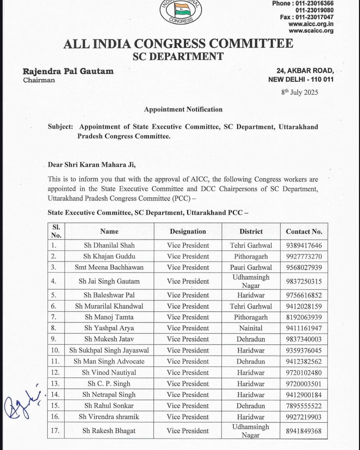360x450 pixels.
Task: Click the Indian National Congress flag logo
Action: click(x=181, y=11)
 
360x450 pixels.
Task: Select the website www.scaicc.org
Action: click(x=311, y=31)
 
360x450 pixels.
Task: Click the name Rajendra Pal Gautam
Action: click(x=68, y=71)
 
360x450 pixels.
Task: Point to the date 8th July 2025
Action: click(x=300, y=92)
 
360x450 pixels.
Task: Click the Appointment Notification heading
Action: click(x=183, y=109)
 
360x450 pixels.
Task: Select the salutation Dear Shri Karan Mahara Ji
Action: click(x=92, y=165)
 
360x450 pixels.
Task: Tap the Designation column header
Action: click(x=188, y=231)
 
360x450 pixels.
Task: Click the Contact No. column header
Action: click(x=304, y=231)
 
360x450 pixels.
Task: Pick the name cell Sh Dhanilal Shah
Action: click(x=109, y=245)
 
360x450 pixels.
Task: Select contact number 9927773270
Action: click(x=304, y=256)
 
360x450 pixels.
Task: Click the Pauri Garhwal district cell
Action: click(x=251, y=267)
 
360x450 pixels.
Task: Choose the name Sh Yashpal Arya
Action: click(x=109, y=328)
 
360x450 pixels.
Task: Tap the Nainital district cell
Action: click(x=251, y=328)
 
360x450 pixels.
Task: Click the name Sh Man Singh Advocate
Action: click(x=109, y=361)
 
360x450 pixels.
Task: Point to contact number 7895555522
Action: click(x=304, y=406)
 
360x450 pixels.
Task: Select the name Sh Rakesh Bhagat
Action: click(x=109, y=431)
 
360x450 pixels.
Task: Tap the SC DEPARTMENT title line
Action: click(x=178, y=56)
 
